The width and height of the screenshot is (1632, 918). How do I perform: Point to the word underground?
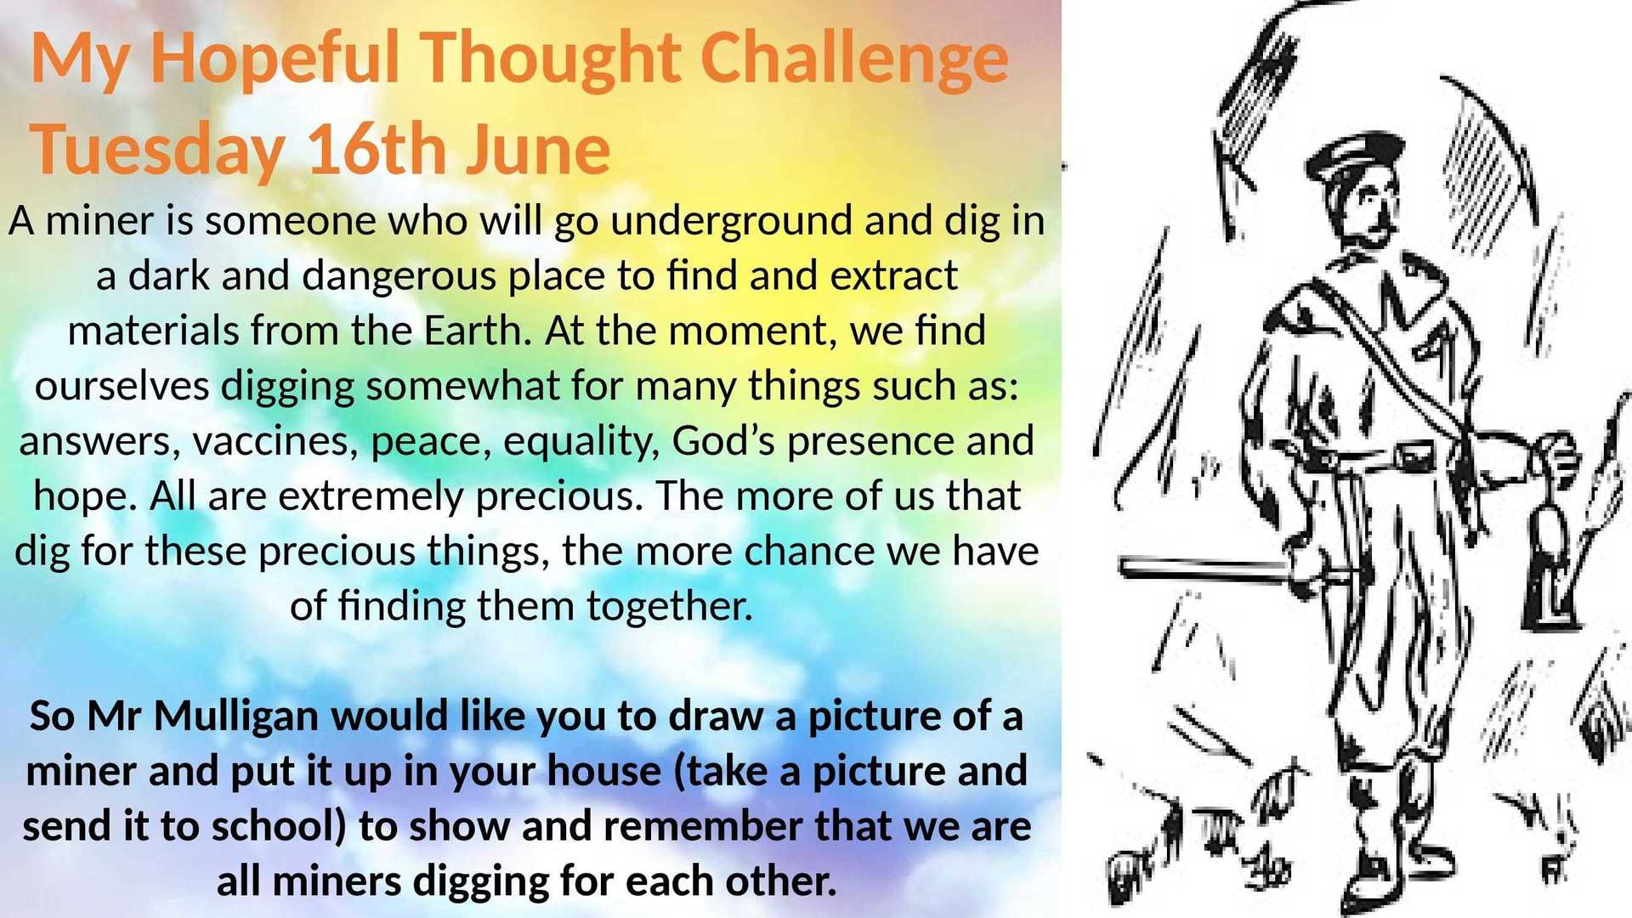tap(731, 222)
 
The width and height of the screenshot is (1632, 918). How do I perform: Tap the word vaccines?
tap(275, 441)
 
